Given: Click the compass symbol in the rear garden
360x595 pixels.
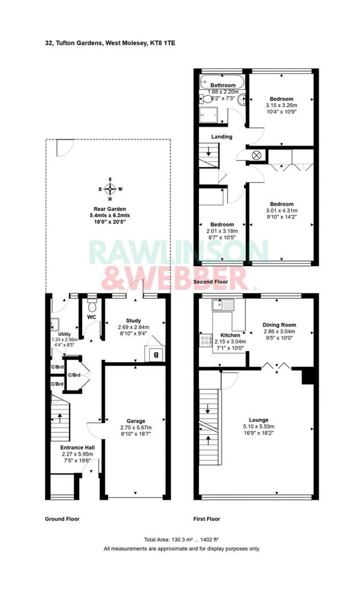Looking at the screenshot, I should (110, 189).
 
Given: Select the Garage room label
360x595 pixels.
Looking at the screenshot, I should (136, 421).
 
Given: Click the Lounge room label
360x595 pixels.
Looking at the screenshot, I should (259, 420).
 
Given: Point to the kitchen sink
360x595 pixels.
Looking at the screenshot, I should (223, 305).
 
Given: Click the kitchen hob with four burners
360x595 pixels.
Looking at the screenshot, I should (205, 340).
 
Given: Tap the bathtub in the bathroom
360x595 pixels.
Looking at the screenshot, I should (222, 82).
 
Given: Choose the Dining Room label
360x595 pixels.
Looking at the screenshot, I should (279, 325).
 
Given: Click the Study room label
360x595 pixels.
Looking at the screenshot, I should (133, 320).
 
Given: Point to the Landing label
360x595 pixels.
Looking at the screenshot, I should (222, 137).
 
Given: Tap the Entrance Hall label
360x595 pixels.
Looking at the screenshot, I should (77, 447).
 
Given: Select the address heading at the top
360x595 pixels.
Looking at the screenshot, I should (110, 43).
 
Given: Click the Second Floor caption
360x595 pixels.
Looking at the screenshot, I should (210, 282).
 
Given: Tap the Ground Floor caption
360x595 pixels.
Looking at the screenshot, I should (62, 519).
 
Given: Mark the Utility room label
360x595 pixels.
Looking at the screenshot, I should (65, 334).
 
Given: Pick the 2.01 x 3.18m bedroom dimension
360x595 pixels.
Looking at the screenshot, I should (222, 231).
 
